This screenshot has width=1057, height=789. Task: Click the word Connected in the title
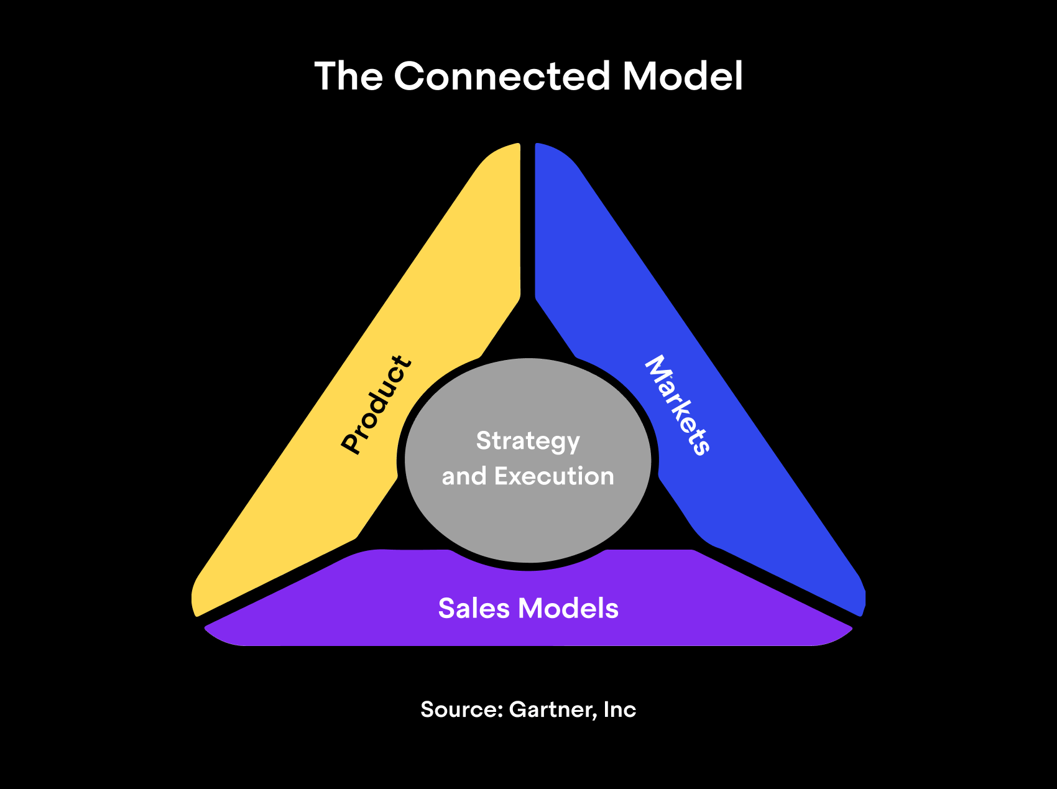[x=502, y=76]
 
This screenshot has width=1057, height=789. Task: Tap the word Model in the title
[x=682, y=76]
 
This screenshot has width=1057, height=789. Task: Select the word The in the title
[x=348, y=76]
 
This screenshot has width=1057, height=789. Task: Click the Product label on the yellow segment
[x=376, y=404]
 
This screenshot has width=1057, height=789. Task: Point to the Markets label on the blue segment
[x=678, y=405]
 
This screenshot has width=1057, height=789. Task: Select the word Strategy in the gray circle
[x=528, y=441]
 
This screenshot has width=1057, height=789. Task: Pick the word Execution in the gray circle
[x=554, y=476]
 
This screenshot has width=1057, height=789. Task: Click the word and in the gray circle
[x=464, y=476]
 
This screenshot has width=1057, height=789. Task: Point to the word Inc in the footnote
[x=620, y=709]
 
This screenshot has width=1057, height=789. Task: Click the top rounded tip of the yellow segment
[x=507, y=152]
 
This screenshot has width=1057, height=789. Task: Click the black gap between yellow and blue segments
[x=528, y=218]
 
